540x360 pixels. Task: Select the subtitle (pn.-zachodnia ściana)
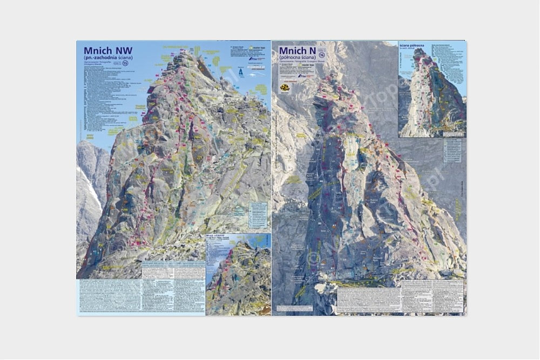[x=108, y=58]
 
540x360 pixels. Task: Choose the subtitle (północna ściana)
[x=298, y=58]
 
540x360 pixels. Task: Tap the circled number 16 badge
[x=321, y=55]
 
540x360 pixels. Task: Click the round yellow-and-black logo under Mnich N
[x=285, y=87]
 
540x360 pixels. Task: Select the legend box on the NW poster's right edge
[x=259, y=216]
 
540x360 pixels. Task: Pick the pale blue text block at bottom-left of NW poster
[x=108, y=296]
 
